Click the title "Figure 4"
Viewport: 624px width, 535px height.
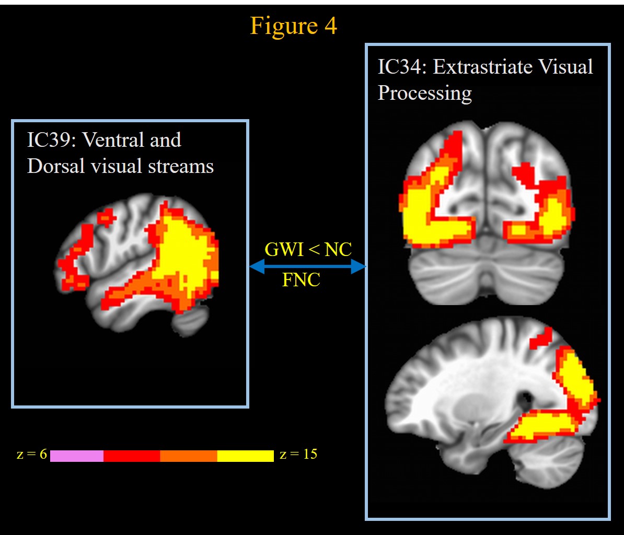pyautogui.click(x=293, y=25)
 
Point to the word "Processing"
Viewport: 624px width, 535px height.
pyautogui.click(x=424, y=93)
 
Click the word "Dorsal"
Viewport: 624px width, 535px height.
pyautogui.click(x=54, y=166)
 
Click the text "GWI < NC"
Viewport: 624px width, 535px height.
pyautogui.click(x=308, y=249)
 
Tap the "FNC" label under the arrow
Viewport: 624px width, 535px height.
pyautogui.click(x=301, y=281)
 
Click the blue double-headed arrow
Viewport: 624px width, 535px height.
pyautogui.click(x=308, y=267)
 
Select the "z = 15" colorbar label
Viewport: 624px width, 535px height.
pyautogui.click(x=298, y=455)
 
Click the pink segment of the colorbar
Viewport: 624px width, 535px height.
pyautogui.click(x=77, y=456)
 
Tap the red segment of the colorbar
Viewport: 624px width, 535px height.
pyautogui.click(x=132, y=456)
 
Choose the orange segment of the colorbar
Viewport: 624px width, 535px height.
pyautogui.click(x=188, y=456)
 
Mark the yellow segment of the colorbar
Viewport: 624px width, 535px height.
pyautogui.click(x=245, y=456)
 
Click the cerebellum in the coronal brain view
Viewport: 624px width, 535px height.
pyautogui.click(x=486, y=274)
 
